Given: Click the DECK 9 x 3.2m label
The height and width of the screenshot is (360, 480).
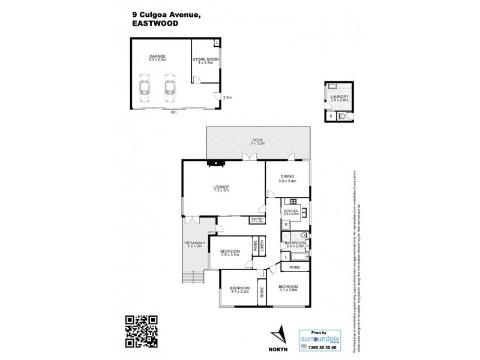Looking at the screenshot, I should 257,142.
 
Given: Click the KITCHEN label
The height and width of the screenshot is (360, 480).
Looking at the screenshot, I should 292,212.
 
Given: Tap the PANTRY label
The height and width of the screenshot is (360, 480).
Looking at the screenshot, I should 258,220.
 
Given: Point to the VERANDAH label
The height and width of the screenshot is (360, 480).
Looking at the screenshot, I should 195,244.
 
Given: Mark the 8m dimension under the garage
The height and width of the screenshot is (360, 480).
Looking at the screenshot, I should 173,112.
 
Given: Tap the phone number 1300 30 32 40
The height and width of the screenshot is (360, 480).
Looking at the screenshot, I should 324,347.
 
